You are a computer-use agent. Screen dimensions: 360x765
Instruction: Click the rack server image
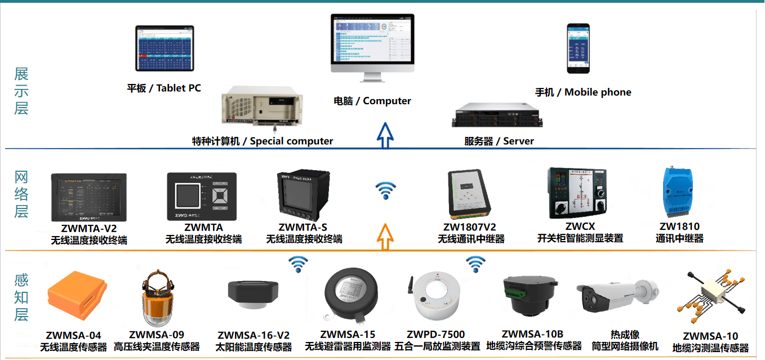tap(496, 114)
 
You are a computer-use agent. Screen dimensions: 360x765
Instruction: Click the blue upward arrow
tap(385, 135)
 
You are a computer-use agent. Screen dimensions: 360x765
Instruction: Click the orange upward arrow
tap(385, 236)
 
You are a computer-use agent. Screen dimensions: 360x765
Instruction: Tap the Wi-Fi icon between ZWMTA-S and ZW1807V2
tap(386, 190)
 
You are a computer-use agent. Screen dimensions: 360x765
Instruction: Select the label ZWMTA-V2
tap(89, 228)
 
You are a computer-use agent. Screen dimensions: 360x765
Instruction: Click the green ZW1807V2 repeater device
tap(472, 193)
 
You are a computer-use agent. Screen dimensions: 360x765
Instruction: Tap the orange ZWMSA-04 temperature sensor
tap(76, 297)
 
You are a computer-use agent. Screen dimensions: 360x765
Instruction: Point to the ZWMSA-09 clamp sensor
tap(157, 297)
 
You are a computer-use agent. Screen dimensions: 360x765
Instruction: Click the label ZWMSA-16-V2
tap(253, 336)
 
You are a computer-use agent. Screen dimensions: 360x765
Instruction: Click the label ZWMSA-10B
tap(532, 334)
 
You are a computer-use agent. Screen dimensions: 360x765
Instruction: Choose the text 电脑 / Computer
tap(372, 101)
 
